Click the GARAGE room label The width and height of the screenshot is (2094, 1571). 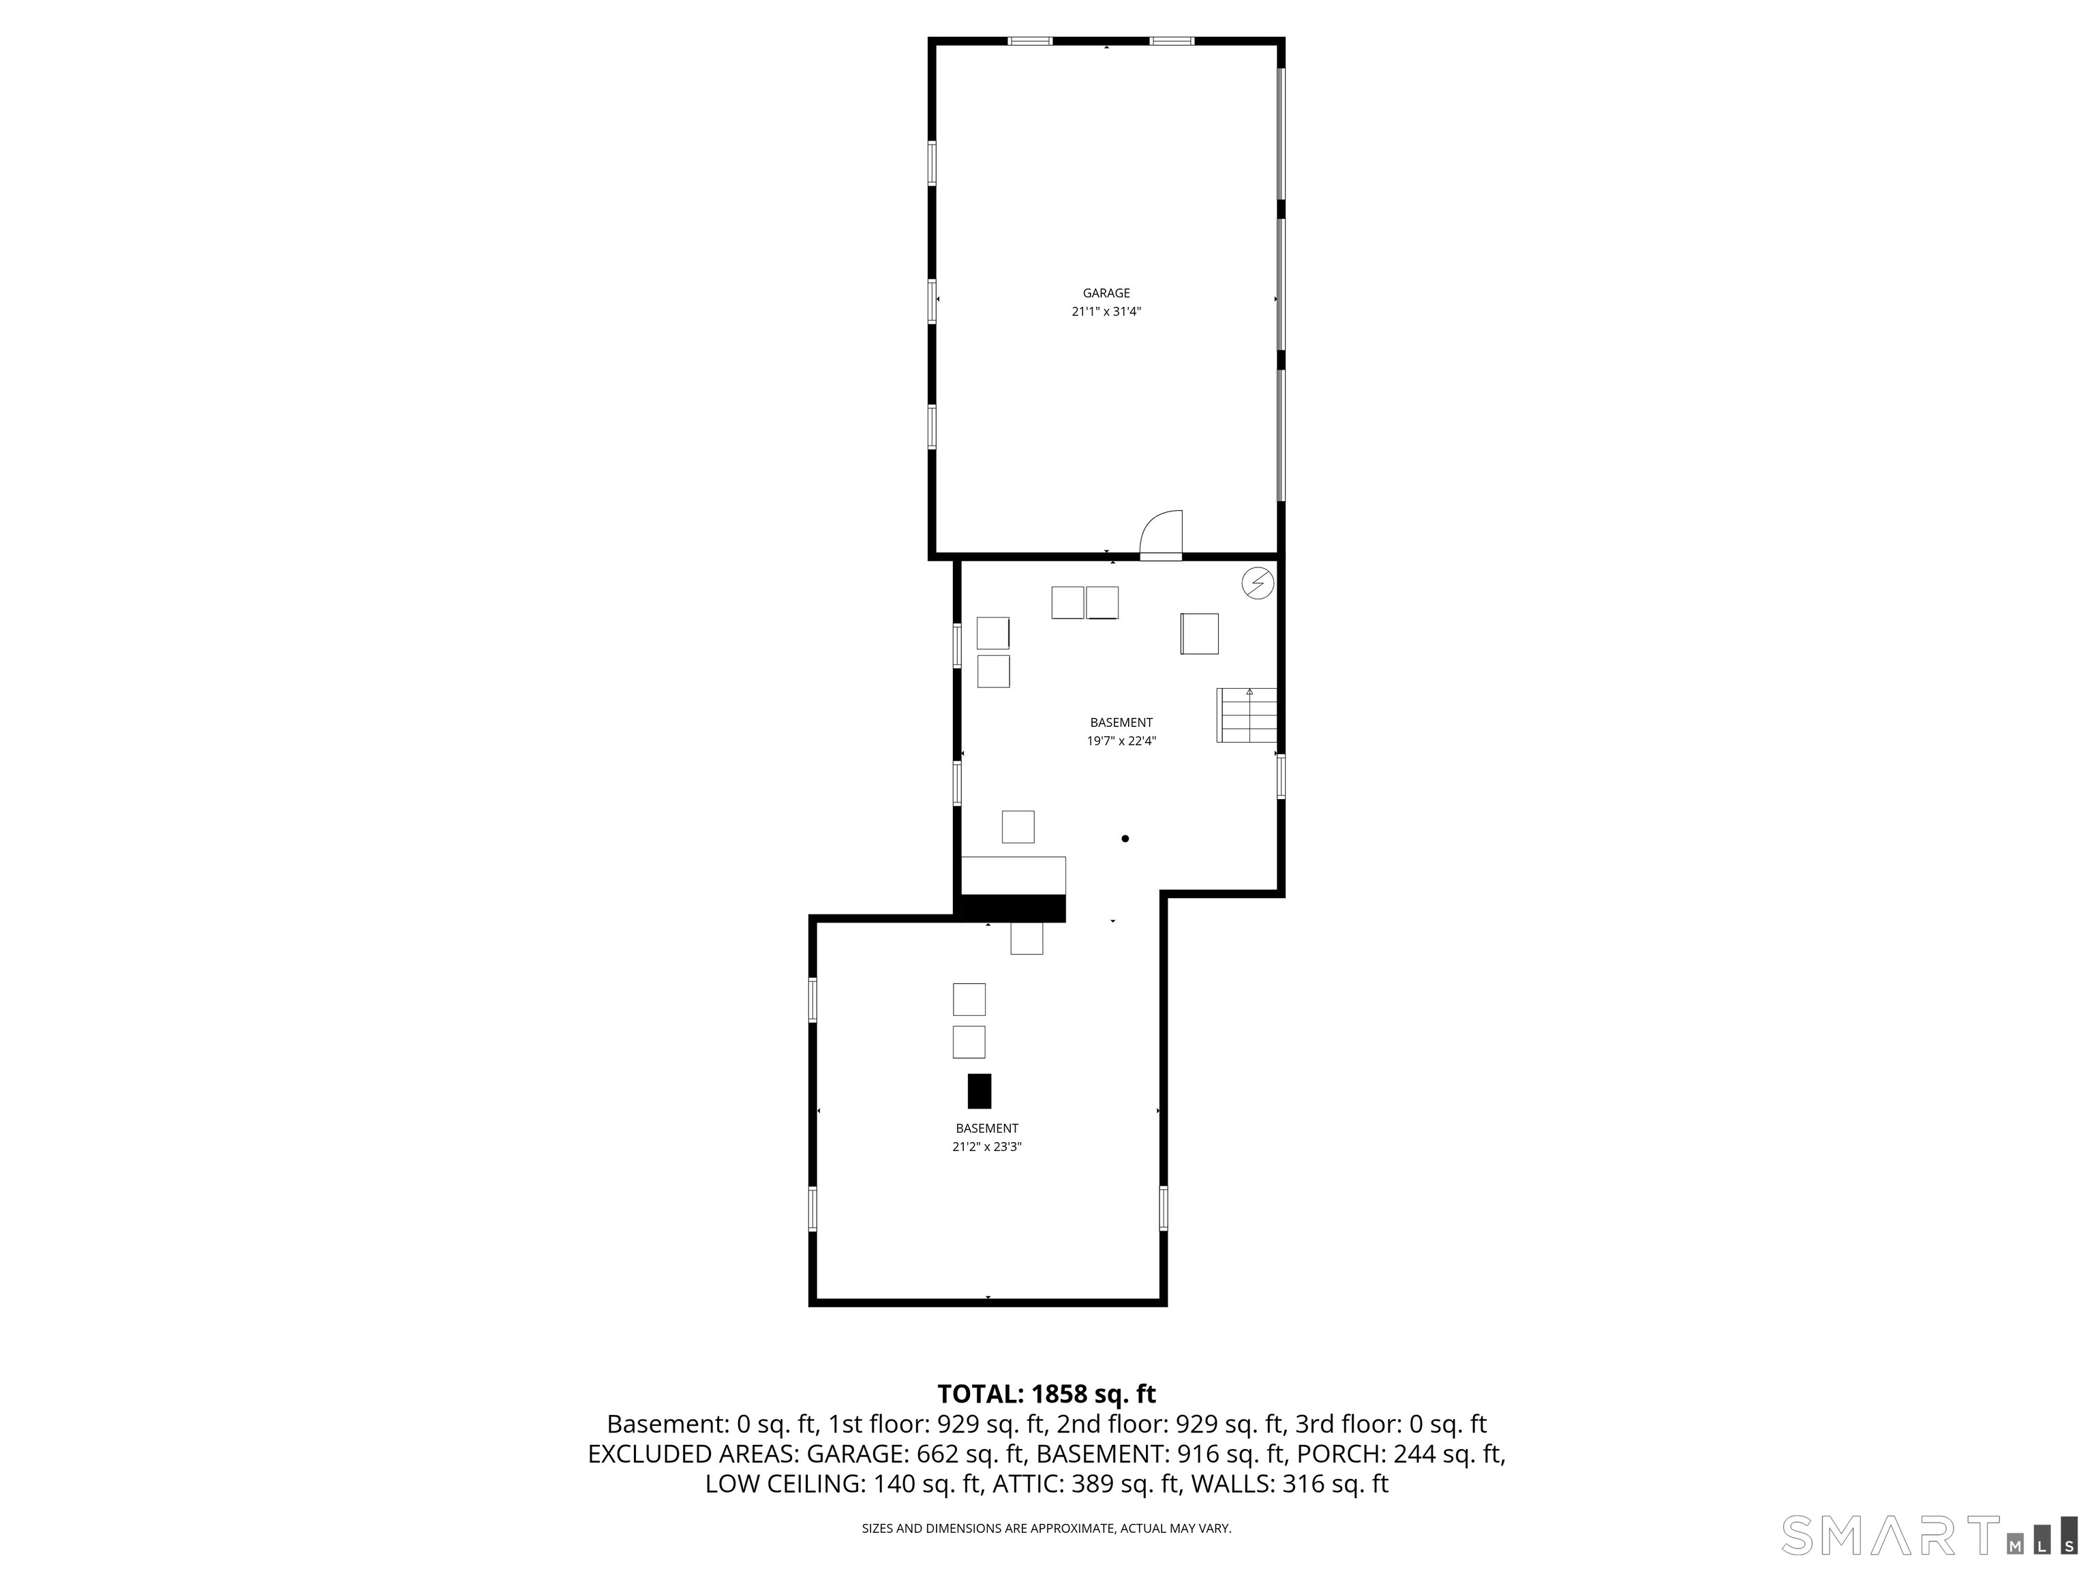(x=1106, y=294)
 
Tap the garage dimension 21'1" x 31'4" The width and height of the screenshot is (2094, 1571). (x=1106, y=312)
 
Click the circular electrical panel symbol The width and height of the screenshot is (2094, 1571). (x=1257, y=583)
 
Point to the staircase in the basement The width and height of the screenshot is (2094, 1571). (x=1246, y=715)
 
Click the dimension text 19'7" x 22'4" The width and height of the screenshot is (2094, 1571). (x=1121, y=741)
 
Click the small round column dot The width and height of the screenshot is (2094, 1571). (x=1125, y=838)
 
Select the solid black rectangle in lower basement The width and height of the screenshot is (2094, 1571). (x=979, y=1091)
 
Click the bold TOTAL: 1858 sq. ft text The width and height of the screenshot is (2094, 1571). (x=1046, y=1394)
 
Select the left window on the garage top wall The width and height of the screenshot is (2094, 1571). (x=1029, y=41)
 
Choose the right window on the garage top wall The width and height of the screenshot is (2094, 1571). (x=1171, y=41)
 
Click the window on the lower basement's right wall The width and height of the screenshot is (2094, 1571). (x=1164, y=1208)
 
